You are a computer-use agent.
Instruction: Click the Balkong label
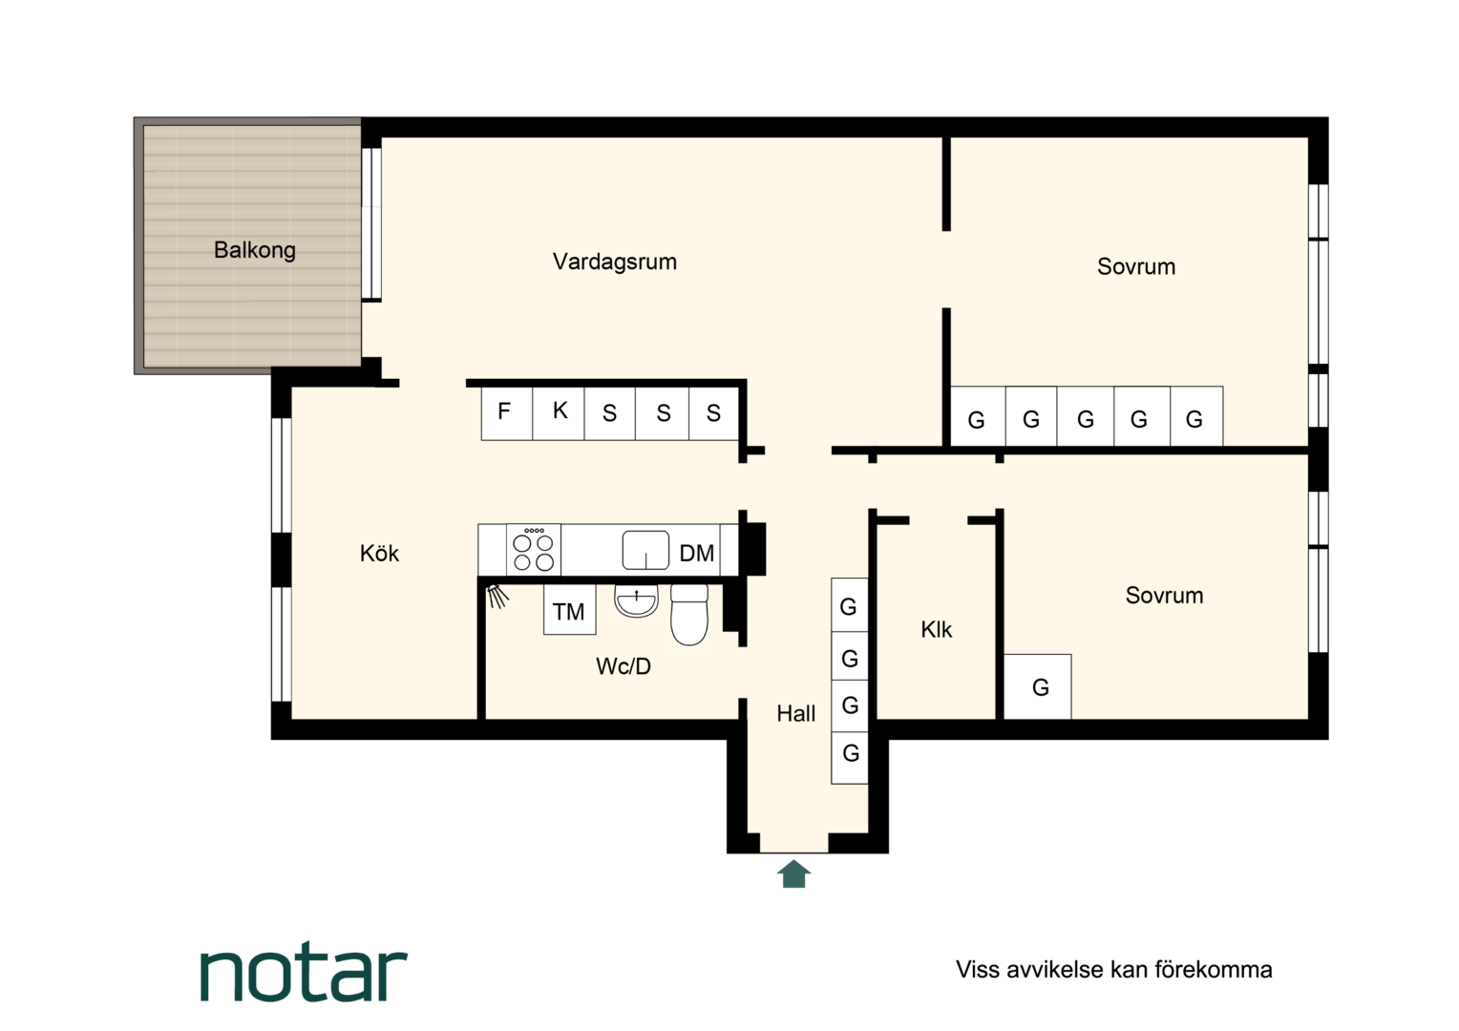(255, 250)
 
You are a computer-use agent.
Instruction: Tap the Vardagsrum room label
(615, 262)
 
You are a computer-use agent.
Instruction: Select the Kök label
(379, 553)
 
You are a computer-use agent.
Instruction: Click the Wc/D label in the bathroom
(624, 665)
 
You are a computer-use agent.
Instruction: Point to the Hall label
(796, 714)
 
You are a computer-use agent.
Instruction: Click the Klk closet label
(937, 629)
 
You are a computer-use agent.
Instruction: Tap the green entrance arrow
(794, 873)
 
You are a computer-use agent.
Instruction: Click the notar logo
(304, 975)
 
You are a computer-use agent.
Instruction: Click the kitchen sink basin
(645, 551)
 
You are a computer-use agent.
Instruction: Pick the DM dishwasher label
(697, 554)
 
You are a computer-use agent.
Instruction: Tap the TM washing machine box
(570, 610)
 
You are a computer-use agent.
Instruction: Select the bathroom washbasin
(636, 600)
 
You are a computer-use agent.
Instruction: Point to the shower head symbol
(497, 596)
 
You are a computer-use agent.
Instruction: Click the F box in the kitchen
(507, 413)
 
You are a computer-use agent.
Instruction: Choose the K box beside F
(559, 413)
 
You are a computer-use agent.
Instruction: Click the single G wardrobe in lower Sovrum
(1038, 686)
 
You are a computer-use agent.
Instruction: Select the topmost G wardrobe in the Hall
(850, 605)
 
